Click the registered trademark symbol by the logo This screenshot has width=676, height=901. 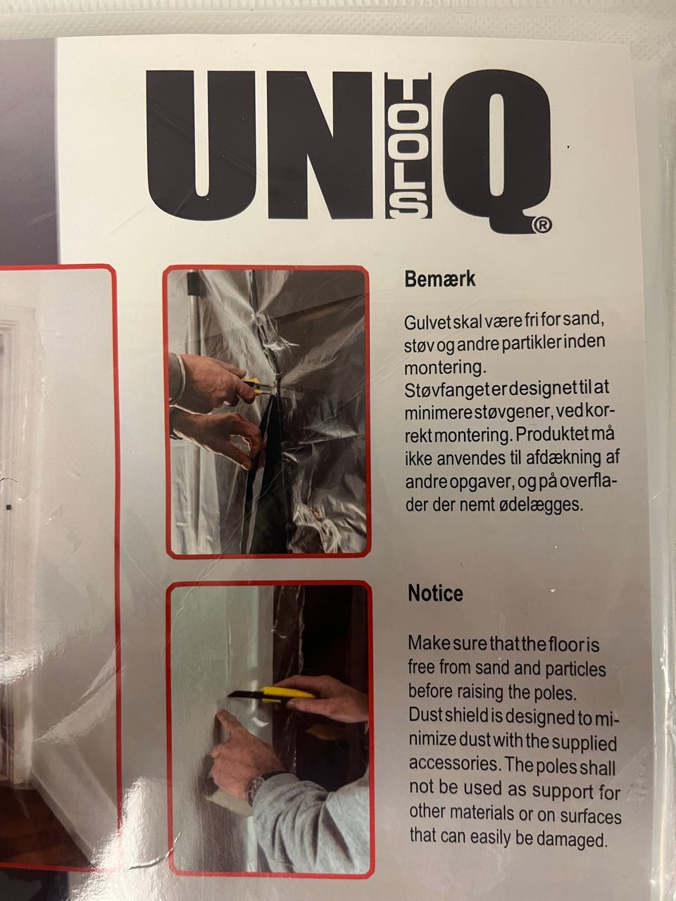pyautogui.click(x=542, y=225)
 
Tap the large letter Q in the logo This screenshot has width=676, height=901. pyautogui.click(x=496, y=150)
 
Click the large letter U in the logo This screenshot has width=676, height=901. pyautogui.click(x=201, y=146)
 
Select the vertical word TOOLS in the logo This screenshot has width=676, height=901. pyautogui.click(x=408, y=146)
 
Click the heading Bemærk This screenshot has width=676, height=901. pyautogui.click(x=439, y=279)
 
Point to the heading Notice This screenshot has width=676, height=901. pyautogui.click(x=435, y=593)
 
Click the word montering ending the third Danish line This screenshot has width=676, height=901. pyautogui.click(x=445, y=367)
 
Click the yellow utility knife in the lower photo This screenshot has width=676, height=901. pyautogui.click(x=270, y=694)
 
